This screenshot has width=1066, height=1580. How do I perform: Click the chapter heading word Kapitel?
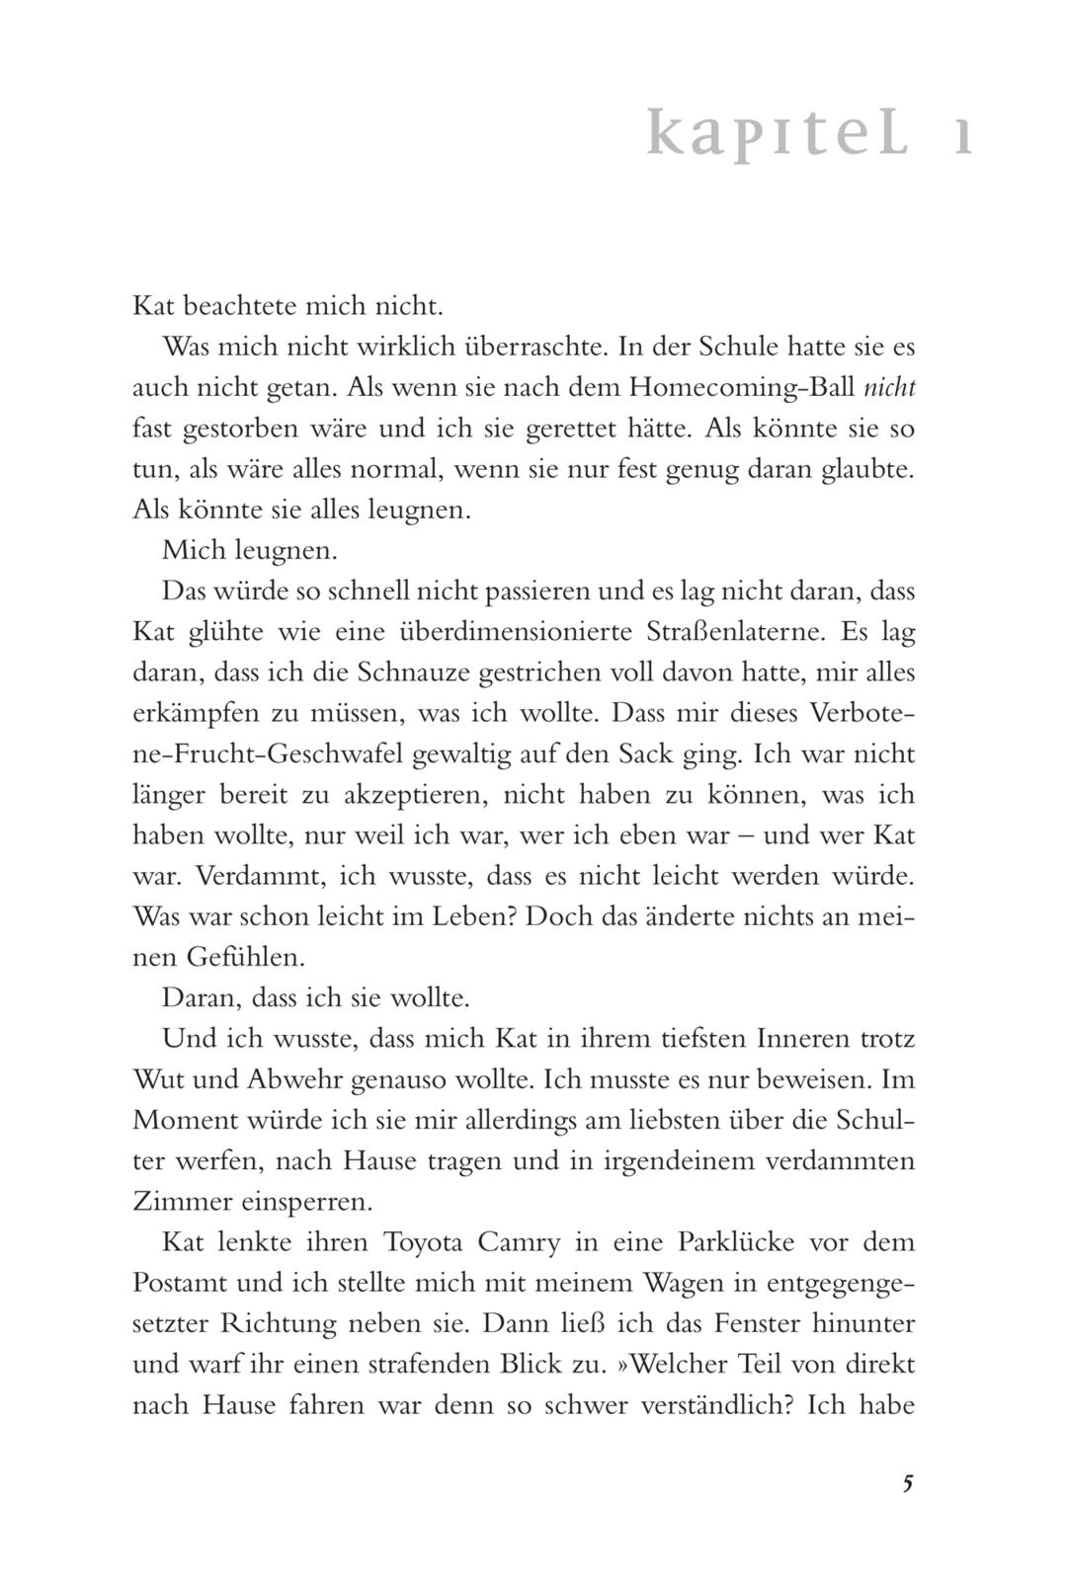click(x=779, y=134)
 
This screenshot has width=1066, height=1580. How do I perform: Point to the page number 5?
click(x=908, y=1483)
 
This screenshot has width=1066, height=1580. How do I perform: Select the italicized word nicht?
click(x=889, y=387)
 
